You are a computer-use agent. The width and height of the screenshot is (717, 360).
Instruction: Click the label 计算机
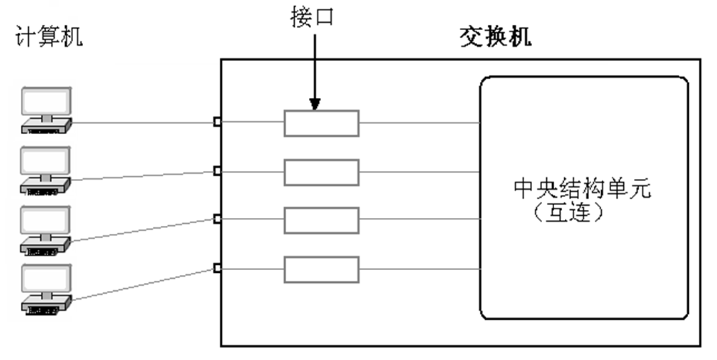[x=49, y=38]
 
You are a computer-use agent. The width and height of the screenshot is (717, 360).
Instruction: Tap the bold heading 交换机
[x=495, y=36]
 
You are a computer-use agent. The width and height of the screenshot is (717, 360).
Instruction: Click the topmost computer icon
[x=46, y=111]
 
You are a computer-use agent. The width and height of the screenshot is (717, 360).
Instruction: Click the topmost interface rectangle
[x=321, y=123]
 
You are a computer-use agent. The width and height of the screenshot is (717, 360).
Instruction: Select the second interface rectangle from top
[x=321, y=172]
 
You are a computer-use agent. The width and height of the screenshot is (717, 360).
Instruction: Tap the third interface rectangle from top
[x=321, y=221]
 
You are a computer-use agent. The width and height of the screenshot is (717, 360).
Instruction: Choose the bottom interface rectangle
[x=321, y=269]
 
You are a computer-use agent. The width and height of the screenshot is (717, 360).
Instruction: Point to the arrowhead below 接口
[x=314, y=104]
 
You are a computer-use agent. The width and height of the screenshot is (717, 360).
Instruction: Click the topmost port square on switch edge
[x=217, y=121]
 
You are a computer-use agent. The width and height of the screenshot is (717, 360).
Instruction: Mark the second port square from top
[x=217, y=171]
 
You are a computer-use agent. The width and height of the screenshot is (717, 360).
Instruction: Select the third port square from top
[x=217, y=219]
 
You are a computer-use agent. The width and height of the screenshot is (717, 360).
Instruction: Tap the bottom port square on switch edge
[x=217, y=268]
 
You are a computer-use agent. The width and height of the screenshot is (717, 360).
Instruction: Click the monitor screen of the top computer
[x=46, y=102]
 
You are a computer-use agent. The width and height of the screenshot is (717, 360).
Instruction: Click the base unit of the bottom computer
[x=46, y=308]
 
